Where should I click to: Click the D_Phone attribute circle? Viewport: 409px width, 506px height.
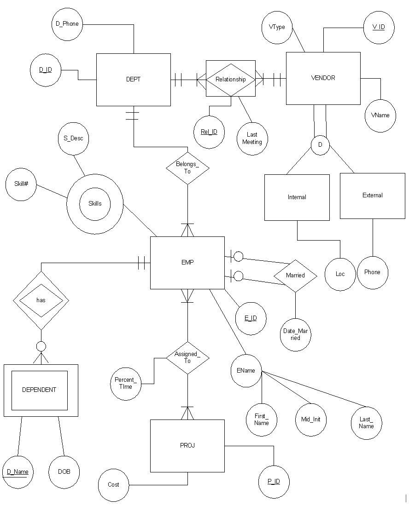(67, 24)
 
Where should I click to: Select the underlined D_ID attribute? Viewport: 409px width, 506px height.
(46, 70)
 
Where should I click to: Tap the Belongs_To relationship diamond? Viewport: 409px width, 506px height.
(188, 168)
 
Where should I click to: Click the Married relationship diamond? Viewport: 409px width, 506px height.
(295, 276)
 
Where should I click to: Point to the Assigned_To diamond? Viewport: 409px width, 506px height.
(188, 358)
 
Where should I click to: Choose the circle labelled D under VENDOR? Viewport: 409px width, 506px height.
(320, 145)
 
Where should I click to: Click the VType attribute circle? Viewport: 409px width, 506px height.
(277, 28)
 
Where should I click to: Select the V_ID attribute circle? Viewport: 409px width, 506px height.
(379, 28)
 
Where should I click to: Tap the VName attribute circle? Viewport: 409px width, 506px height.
(380, 116)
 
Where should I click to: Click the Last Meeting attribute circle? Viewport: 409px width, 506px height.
(252, 139)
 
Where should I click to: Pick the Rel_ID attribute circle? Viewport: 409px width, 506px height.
(210, 132)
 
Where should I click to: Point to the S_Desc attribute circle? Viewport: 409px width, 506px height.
(73, 139)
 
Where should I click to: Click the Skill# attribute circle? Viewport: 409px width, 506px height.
(21, 184)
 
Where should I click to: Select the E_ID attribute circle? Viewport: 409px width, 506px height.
(251, 318)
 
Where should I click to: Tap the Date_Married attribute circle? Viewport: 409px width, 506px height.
(296, 335)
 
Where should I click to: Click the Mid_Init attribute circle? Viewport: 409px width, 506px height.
(311, 420)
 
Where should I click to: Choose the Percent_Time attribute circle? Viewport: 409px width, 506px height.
(126, 384)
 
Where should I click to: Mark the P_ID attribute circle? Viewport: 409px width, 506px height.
(274, 482)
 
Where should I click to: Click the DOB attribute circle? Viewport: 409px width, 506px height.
(64, 472)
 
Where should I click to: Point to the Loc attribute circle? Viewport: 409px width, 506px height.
(340, 275)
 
